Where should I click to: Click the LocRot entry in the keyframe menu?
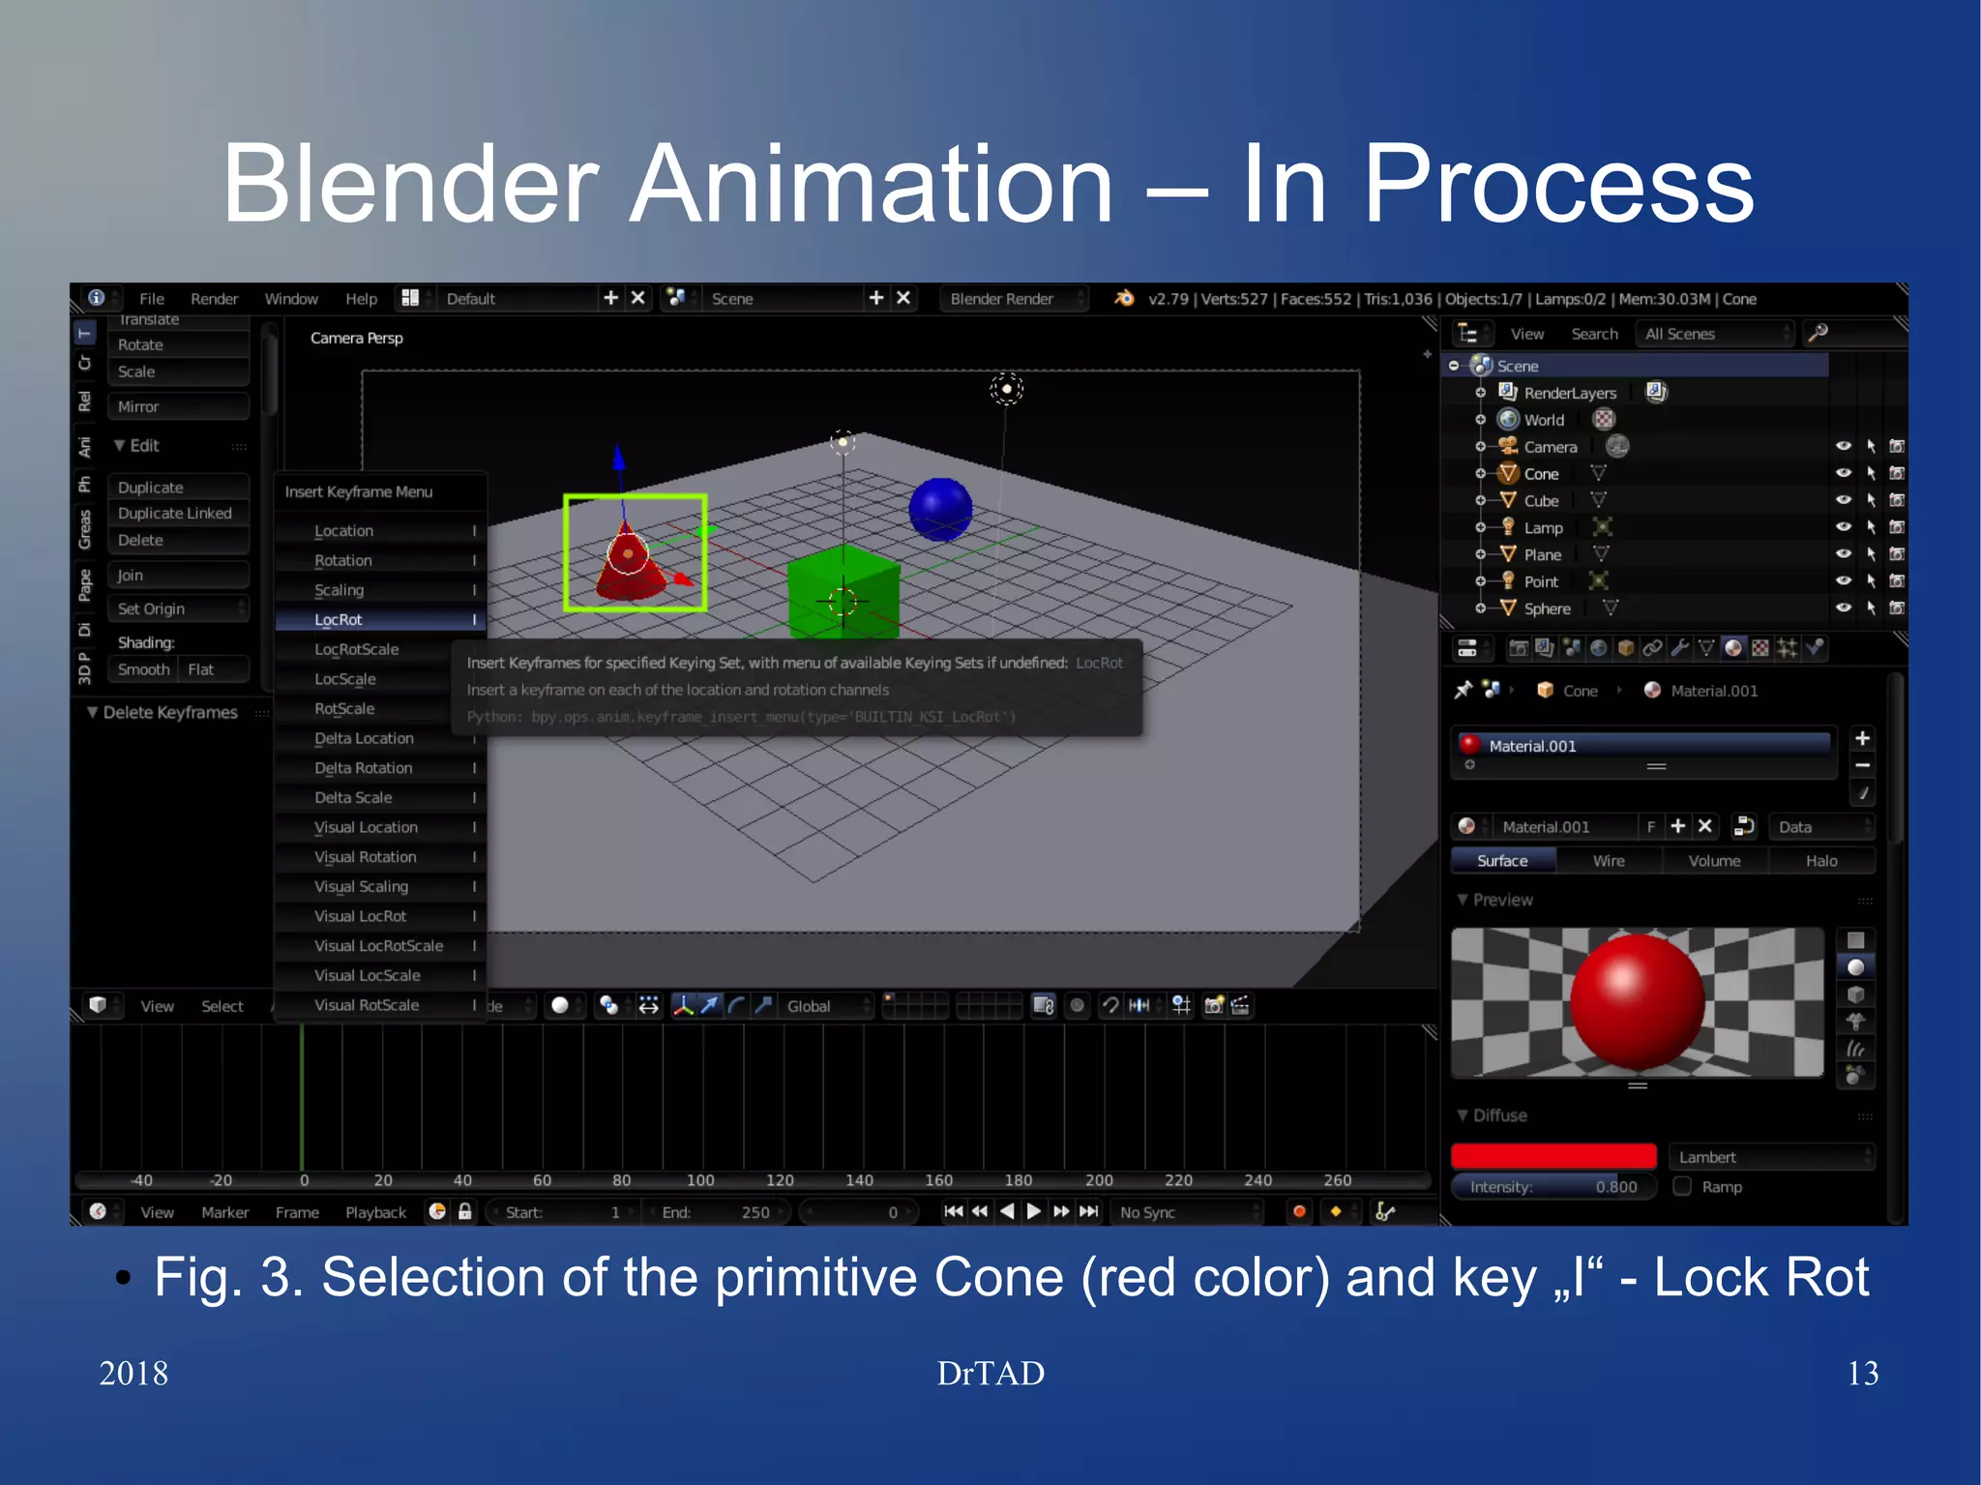[339, 619]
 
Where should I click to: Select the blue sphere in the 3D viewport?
[940, 509]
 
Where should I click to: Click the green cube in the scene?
[843, 590]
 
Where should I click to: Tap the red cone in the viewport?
[630, 563]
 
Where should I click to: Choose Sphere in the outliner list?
[1547, 609]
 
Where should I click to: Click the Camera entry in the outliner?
[1550, 447]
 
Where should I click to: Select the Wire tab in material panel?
[1609, 860]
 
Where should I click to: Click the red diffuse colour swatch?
[1553, 1156]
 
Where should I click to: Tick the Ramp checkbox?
[1683, 1186]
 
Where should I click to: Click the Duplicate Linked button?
[175, 513]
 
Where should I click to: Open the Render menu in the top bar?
[214, 299]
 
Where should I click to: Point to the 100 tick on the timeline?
[700, 1179]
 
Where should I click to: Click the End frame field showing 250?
[717, 1212]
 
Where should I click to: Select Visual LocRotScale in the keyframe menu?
[378, 945]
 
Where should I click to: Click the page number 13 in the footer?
[1862, 1373]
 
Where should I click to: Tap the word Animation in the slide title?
[872, 184]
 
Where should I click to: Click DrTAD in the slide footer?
[990, 1373]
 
